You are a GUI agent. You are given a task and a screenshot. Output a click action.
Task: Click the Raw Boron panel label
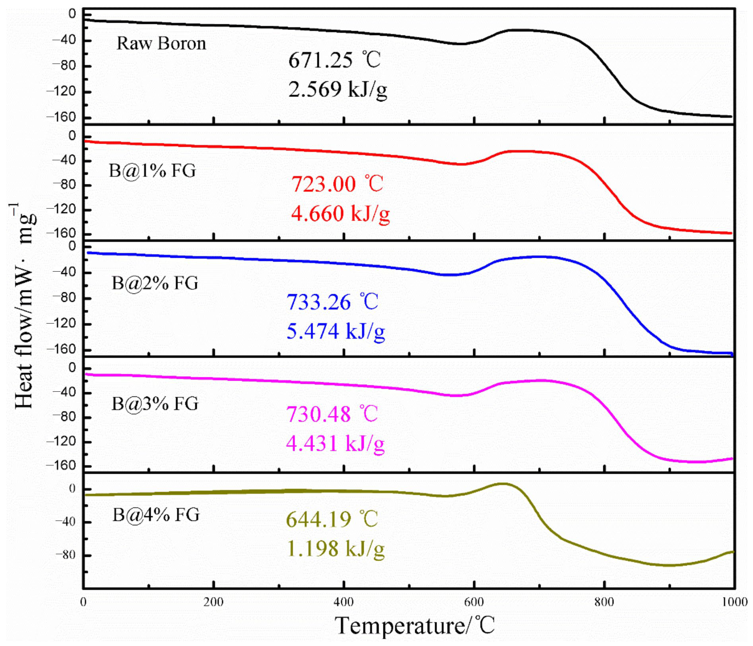(x=161, y=44)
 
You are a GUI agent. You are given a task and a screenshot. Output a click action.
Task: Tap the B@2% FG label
(x=155, y=283)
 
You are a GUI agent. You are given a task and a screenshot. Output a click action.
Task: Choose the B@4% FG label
(x=156, y=515)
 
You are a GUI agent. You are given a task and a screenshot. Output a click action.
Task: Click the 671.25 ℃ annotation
(x=334, y=60)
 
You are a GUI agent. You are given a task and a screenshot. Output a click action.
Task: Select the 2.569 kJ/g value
(x=338, y=89)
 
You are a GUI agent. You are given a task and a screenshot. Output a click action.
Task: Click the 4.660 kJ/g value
(x=340, y=213)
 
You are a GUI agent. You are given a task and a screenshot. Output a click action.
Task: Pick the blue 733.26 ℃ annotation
(x=332, y=302)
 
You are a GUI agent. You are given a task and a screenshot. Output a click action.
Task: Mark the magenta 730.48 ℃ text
(x=332, y=414)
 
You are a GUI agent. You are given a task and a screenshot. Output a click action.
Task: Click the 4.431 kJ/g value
(x=335, y=443)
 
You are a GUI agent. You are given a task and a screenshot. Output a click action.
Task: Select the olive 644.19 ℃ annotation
(x=332, y=519)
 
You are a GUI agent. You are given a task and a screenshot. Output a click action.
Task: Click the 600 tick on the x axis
(x=474, y=602)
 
